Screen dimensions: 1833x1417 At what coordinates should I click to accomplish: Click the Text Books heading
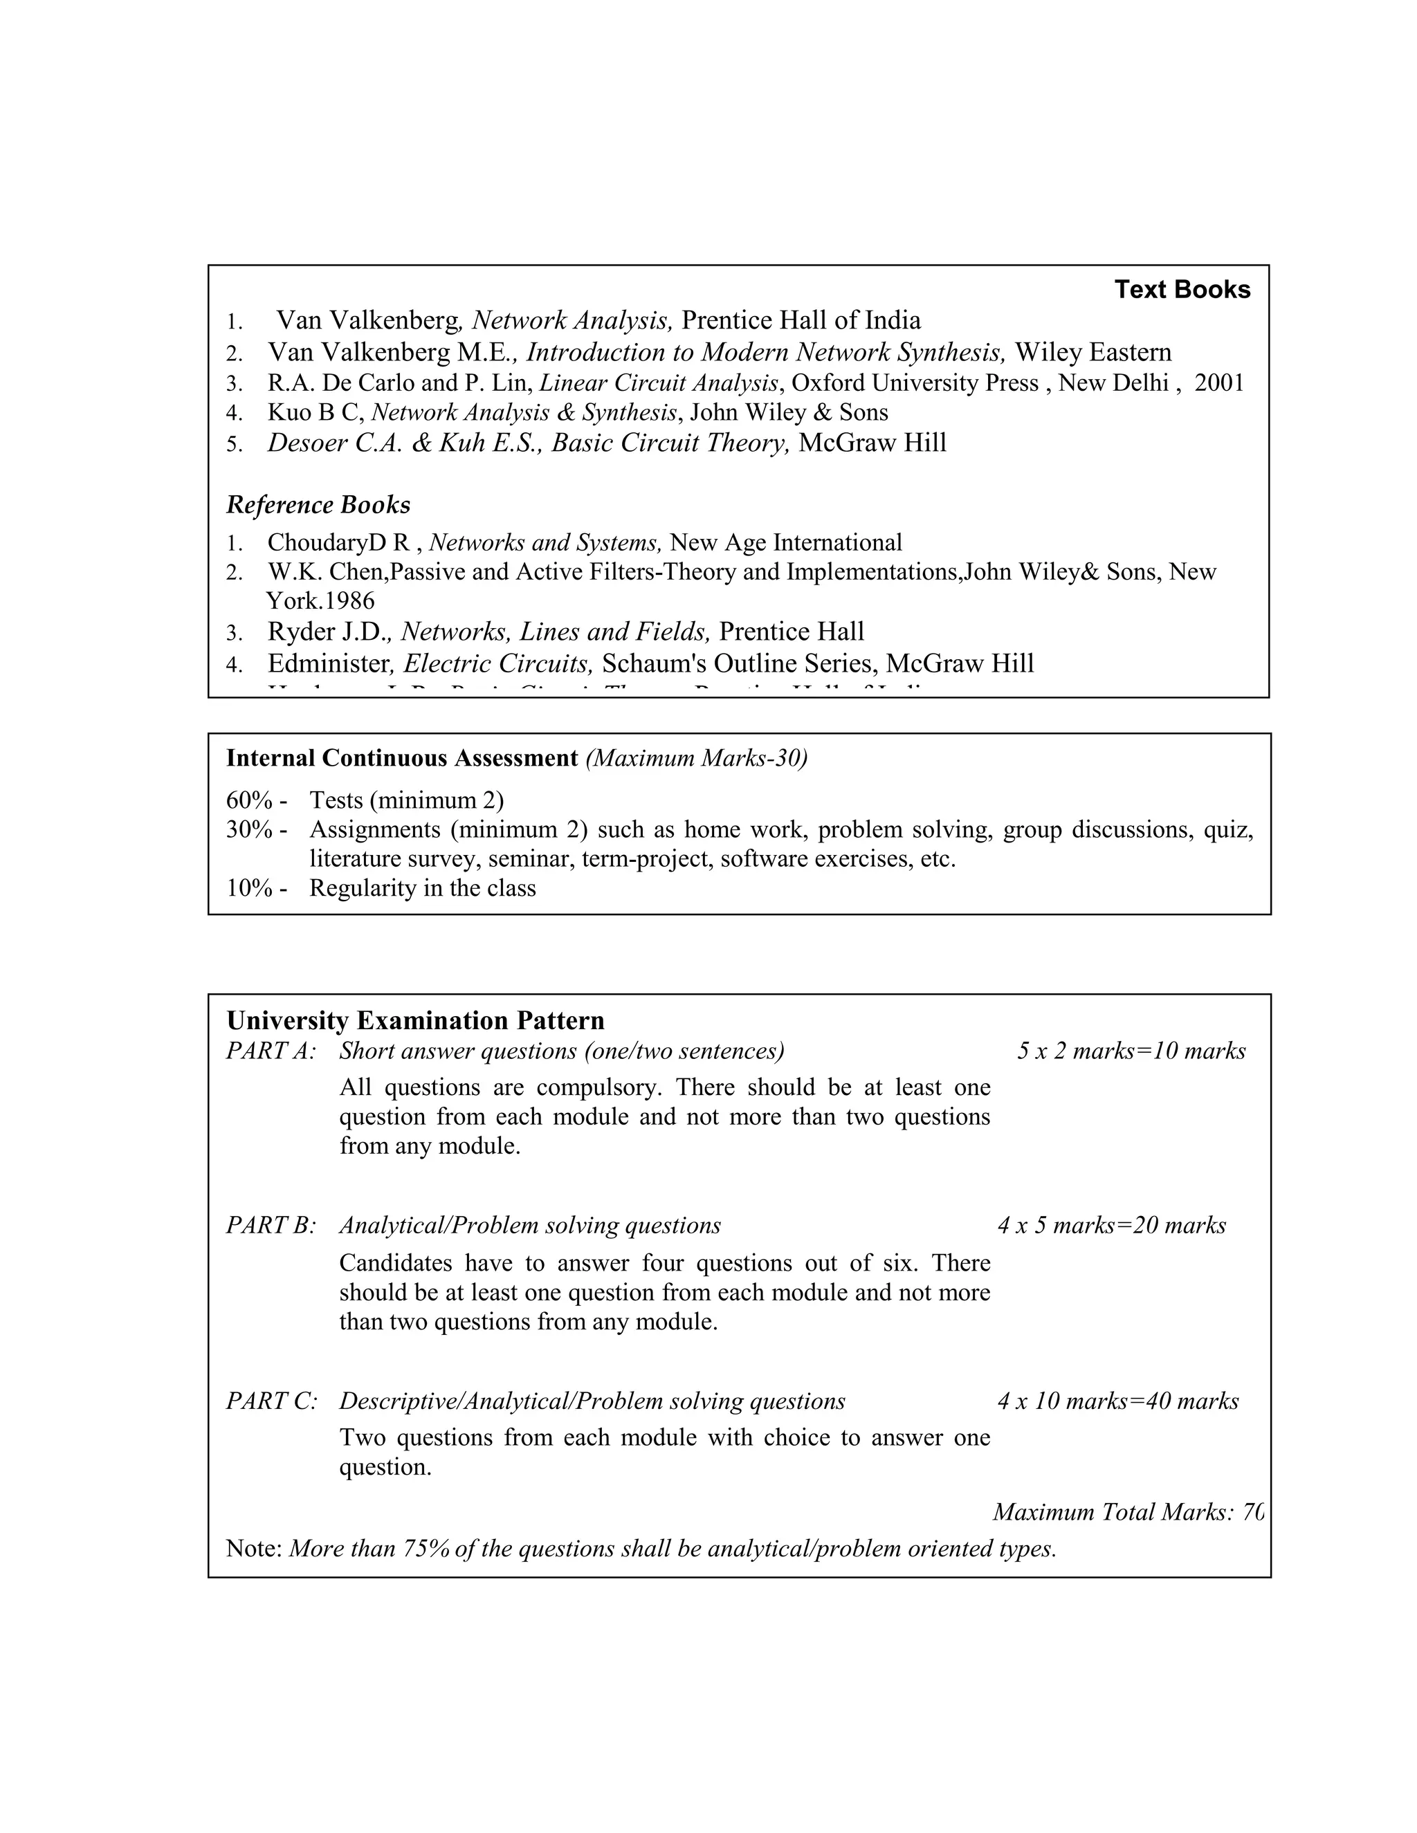point(1181,290)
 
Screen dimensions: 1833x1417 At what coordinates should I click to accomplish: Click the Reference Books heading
point(318,505)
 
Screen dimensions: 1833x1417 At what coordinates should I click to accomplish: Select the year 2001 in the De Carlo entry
point(1219,384)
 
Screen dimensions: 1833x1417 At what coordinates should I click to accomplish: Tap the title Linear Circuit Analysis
point(659,384)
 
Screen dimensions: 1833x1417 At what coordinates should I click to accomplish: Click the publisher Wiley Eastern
point(1093,353)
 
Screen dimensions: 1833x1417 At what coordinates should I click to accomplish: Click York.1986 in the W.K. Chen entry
point(320,601)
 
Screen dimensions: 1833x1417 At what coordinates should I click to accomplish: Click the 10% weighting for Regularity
point(249,888)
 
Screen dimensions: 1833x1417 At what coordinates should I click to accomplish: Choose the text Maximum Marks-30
point(696,759)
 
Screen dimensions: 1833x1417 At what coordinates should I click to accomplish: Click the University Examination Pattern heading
point(416,1020)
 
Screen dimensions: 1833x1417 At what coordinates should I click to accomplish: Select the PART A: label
point(271,1051)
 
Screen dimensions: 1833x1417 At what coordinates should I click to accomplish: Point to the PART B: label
point(271,1226)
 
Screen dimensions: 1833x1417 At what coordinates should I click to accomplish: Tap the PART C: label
point(271,1401)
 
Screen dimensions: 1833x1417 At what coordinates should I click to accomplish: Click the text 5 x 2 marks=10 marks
point(1131,1051)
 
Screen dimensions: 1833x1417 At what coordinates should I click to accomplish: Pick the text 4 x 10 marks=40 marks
point(1117,1401)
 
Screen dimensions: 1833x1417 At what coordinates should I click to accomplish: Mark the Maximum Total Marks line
point(1127,1512)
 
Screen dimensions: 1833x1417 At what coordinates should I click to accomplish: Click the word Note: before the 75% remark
point(253,1549)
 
